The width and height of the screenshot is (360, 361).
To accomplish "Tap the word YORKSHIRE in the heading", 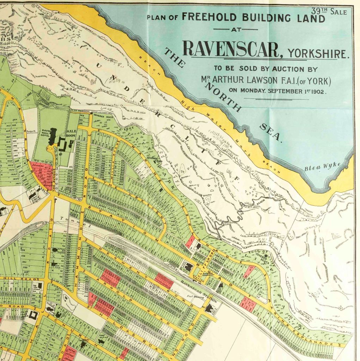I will [x=318, y=54].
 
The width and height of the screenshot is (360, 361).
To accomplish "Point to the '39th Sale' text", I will [x=329, y=11].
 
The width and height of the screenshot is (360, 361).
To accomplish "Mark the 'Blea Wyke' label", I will [x=322, y=166].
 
